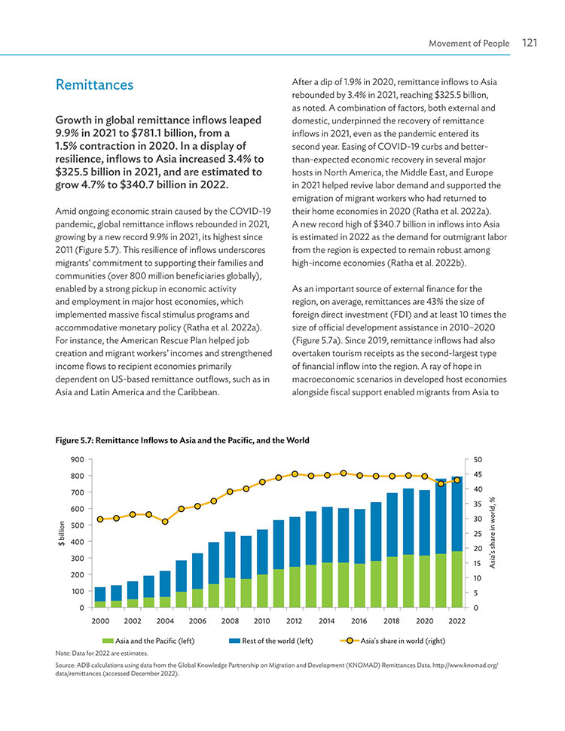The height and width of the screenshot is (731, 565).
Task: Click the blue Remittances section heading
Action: click(x=94, y=85)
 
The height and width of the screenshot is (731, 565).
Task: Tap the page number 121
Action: click(x=530, y=43)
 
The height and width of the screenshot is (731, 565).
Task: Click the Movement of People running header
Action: click(x=469, y=44)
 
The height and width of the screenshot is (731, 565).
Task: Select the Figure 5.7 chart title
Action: click(x=182, y=440)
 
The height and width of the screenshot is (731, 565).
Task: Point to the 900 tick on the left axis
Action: click(x=78, y=460)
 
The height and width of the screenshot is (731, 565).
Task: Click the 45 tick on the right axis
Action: click(x=478, y=474)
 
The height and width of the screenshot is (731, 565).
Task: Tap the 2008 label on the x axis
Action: click(x=230, y=621)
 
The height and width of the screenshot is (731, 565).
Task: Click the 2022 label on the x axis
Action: click(x=457, y=621)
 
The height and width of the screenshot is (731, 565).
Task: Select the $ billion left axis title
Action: click(x=61, y=533)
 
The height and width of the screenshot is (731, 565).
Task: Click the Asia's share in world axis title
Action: click(x=492, y=532)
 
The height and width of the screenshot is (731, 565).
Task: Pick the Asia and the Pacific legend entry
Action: click(x=148, y=641)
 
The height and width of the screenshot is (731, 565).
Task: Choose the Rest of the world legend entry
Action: click(x=271, y=641)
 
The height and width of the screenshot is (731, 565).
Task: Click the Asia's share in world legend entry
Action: click(x=392, y=641)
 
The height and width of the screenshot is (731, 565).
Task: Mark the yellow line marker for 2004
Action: click(x=165, y=521)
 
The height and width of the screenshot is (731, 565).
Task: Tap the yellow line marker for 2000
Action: click(x=100, y=519)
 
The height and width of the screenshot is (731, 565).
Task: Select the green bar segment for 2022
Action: click(x=457, y=580)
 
